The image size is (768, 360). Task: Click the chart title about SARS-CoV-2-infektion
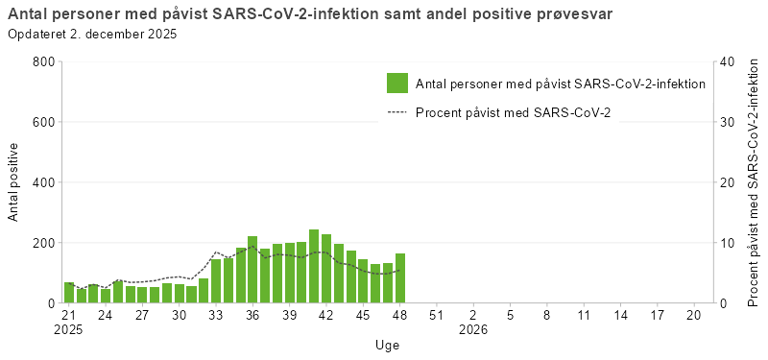click(309, 14)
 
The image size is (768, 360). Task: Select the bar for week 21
click(69, 293)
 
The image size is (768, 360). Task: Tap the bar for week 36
click(252, 270)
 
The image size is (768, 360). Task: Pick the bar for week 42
click(326, 269)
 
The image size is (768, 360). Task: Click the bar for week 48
click(399, 278)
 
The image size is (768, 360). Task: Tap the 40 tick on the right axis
click(727, 61)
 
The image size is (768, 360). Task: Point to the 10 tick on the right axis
click(727, 243)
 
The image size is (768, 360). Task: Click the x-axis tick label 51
click(436, 315)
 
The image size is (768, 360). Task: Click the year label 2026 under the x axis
click(473, 329)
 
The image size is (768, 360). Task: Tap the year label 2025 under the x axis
click(69, 329)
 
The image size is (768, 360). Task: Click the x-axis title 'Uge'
click(388, 345)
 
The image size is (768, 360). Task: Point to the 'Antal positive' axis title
click(13, 182)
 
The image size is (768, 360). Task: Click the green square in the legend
click(397, 84)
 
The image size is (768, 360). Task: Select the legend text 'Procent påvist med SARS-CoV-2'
click(513, 112)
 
